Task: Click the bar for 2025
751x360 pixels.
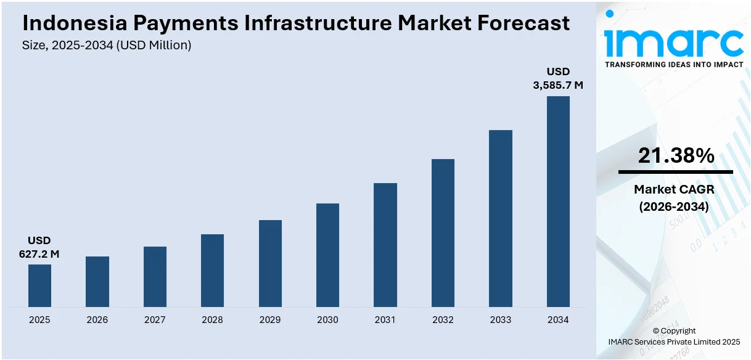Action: (39, 285)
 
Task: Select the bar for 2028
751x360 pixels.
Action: (212, 271)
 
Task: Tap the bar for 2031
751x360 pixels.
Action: (385, 245)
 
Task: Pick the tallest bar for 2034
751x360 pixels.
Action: (558, 202)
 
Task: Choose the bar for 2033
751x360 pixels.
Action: (501, 218)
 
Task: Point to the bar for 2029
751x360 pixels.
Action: (270, 263)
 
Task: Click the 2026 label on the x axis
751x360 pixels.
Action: (97, 320)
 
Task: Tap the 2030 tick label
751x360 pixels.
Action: (327, 320)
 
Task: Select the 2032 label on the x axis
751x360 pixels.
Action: (443, 320)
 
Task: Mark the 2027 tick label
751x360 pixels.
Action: (155, 320)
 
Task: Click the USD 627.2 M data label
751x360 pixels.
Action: (39, 247)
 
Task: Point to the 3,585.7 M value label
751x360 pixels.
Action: (558, 86)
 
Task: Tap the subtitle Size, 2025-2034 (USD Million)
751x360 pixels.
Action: (107, 45)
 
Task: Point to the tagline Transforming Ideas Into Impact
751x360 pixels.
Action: (674, 65)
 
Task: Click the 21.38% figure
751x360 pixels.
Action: (676, 156)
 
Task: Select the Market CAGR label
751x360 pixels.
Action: (674, 190)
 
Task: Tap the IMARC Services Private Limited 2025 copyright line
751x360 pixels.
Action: (674, 342)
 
